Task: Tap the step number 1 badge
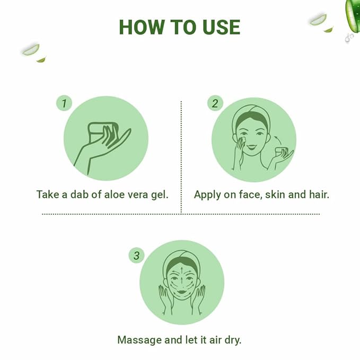tap(64, 103)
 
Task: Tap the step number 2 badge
tap(214, 103)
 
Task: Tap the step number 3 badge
tap(136, 256)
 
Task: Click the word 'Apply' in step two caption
tap(207, 195)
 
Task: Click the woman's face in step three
tap(181, 284)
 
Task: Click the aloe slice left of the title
tap(31, 49)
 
